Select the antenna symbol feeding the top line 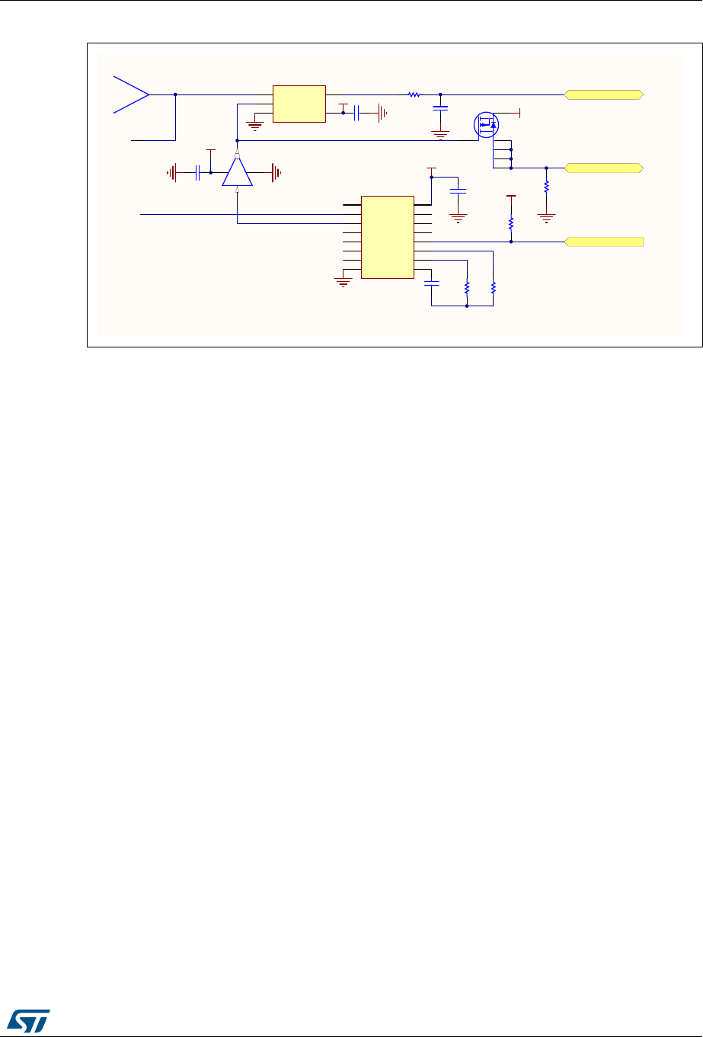tap(131, 94)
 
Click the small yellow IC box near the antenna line tap(299, 104)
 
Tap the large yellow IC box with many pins tap(387, 238)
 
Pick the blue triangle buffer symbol tap(238, 171)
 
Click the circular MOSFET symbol tap(485, 124)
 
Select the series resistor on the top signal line tap(414, 94)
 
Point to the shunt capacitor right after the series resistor tap(440, 108)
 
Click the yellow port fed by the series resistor tap(604, 94)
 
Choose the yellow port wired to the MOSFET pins tap(604, 168)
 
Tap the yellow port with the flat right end tap(604, 242)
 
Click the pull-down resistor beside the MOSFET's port tap(546, 186)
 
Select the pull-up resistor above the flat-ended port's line tap(511, 222)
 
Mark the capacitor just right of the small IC tap(356, 114)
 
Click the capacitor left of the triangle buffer tap(197, 173)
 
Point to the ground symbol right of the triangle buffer tap(276, 173)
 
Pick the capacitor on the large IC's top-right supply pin tap(458, 190)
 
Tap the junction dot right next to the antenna tap(176, 94)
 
